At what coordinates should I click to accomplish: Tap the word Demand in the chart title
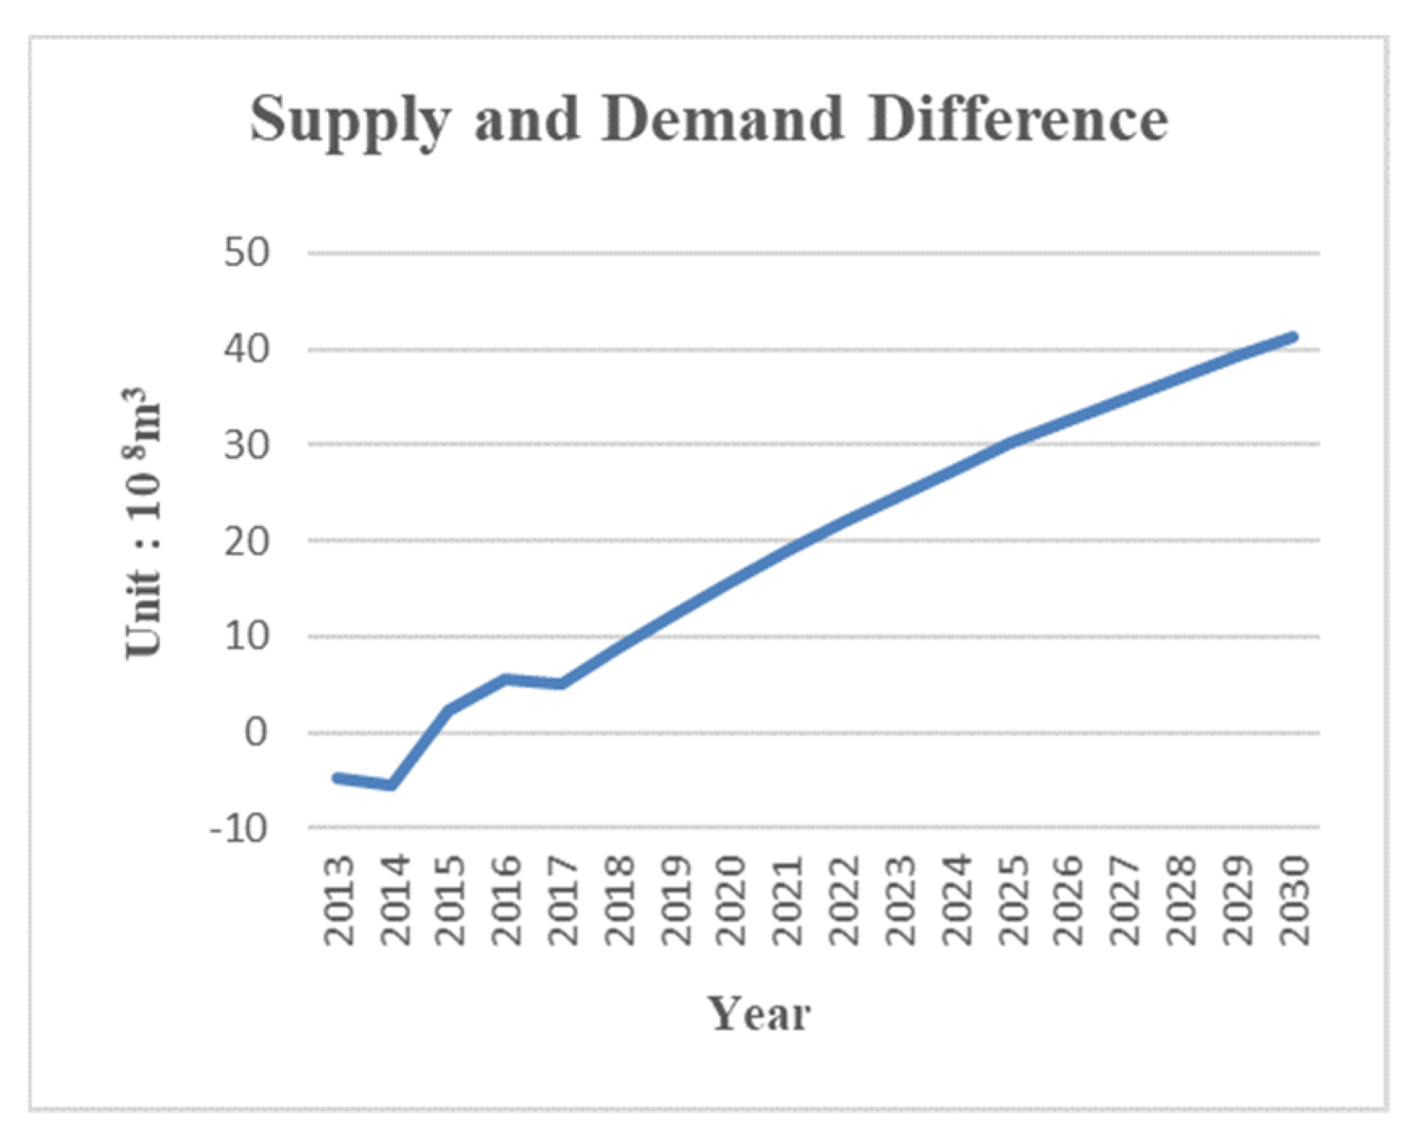point(722,119)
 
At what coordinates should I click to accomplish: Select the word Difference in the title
point(1017,119)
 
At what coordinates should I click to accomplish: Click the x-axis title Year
point(759,1015)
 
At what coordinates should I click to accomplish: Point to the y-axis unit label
point(144,524)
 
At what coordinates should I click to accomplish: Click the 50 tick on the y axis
point(246,254)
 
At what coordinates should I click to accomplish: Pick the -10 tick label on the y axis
point(238,829)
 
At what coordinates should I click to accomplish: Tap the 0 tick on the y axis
point(256,733)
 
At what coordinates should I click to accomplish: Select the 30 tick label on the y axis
point(246,445)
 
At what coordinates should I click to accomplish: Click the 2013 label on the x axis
point(339,901)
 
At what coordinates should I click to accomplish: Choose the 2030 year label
point(1295,901)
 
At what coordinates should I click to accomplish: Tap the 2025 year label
point(1014,901)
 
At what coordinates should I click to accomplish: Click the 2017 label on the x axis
point(564,901)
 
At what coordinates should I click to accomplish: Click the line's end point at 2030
point(1294,337)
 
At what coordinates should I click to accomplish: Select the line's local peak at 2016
point(505,679)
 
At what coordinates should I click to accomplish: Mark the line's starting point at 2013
point(336,777)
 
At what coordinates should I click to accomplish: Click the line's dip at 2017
point(562,684)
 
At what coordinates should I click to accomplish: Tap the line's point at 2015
point(448,709)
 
